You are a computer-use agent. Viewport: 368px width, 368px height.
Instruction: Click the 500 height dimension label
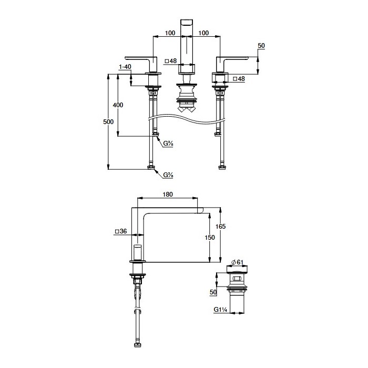108,122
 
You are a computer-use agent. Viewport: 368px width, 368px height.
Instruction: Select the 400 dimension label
118,105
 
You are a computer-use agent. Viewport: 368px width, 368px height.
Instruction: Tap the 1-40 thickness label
125,67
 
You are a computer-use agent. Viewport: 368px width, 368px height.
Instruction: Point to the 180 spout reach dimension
168,195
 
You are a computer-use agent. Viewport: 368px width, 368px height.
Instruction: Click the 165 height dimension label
220,227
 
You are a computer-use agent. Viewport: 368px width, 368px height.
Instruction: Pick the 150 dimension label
210,238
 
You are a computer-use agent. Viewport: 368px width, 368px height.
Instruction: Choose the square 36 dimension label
121,231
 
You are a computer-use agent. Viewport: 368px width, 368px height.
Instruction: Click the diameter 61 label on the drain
237,262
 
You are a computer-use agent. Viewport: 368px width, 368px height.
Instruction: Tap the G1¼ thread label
220,310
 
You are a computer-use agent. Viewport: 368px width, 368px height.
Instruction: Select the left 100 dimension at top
170,33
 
